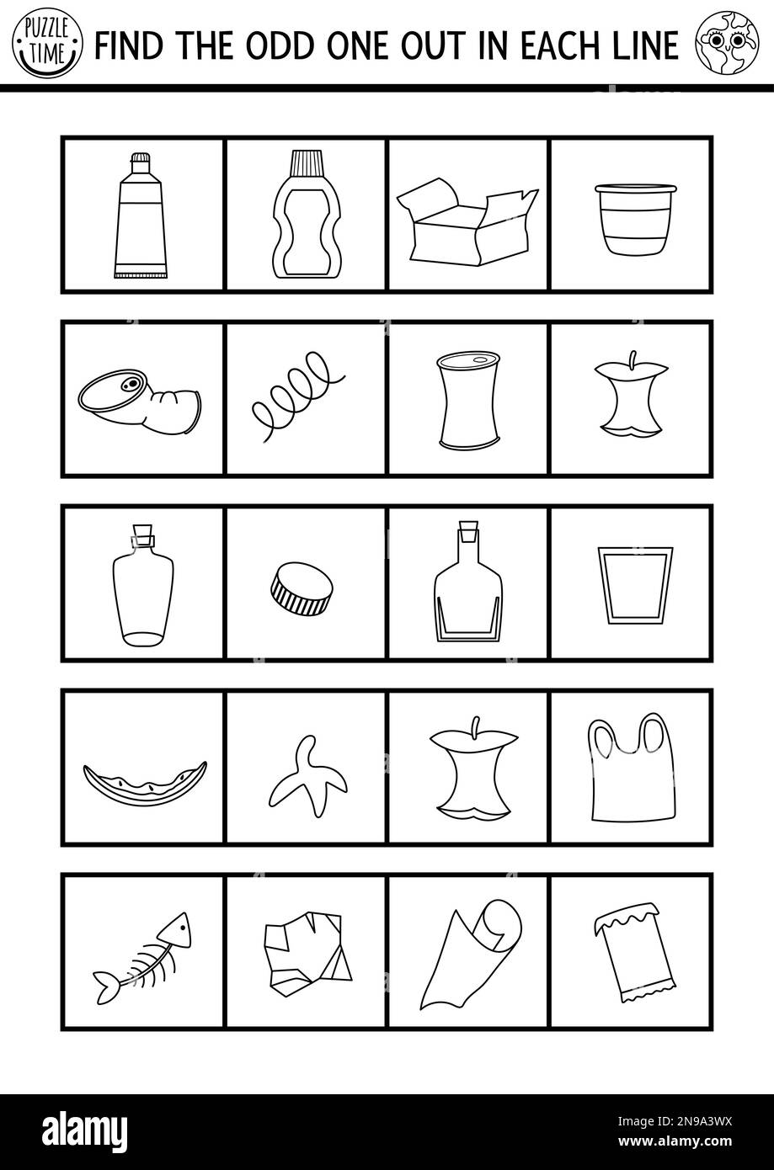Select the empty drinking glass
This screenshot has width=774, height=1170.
pyautogui.click(x=624, y=584)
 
